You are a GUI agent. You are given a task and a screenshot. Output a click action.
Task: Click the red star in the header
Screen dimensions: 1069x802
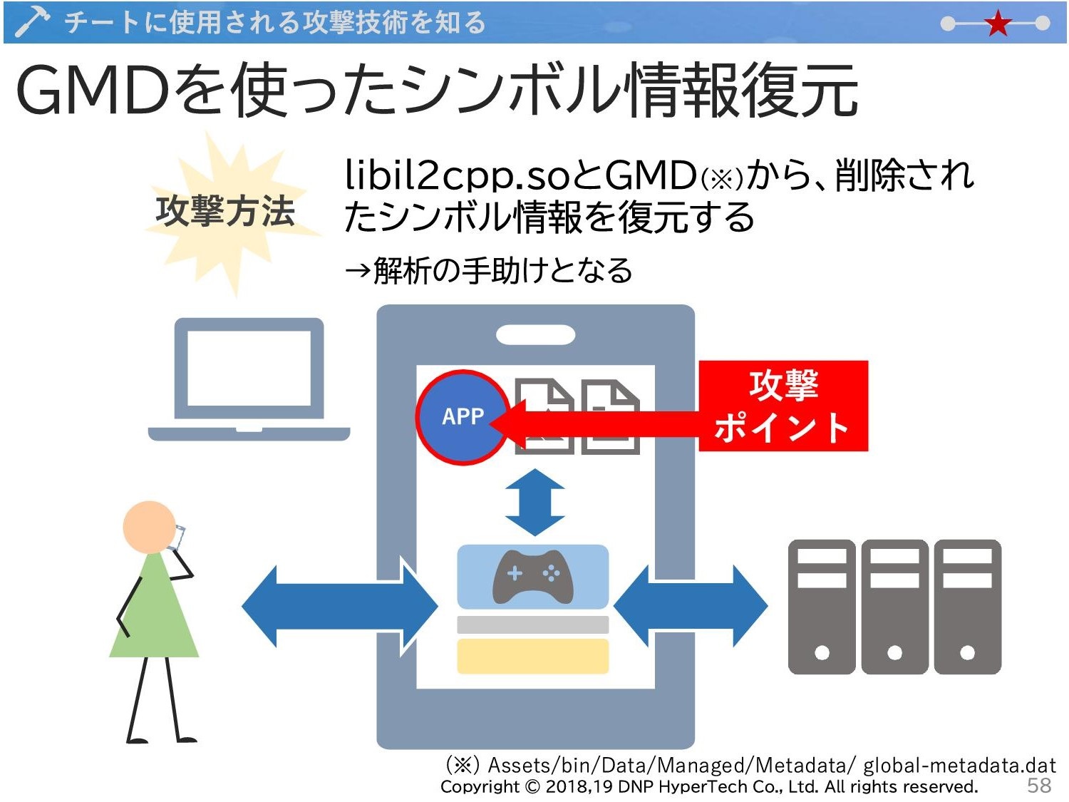[998, 24]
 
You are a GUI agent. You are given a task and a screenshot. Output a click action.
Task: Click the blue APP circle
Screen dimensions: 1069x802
[463, 417]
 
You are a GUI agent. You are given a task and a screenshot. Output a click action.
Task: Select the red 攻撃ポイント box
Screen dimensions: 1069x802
[783, 406]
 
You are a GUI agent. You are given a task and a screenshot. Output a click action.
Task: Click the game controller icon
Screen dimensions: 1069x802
[533, 577]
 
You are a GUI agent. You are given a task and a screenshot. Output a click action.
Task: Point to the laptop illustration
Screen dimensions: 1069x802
[249, 379]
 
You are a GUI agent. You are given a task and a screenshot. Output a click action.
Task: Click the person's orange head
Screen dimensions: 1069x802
[149, 527]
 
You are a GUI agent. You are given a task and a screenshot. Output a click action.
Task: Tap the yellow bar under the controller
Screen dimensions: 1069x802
[533, 656]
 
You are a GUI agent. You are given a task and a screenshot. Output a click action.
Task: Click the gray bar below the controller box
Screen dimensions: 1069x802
[533, 624]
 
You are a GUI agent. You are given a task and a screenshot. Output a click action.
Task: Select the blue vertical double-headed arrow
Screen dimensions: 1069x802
[534, 502]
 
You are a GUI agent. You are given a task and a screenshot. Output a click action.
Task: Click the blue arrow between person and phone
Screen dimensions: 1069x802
[340, 606]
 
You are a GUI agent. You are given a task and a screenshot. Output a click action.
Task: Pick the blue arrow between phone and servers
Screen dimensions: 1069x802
[691, 606]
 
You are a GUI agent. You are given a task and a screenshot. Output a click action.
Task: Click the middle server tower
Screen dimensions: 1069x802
[894, 607]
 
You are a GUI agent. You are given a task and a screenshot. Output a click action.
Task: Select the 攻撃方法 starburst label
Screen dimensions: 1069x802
[225, 211]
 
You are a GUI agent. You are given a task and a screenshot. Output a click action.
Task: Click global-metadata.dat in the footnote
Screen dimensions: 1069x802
[959, 765]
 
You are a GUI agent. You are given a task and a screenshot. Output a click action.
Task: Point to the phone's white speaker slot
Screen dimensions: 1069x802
[535, 334]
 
